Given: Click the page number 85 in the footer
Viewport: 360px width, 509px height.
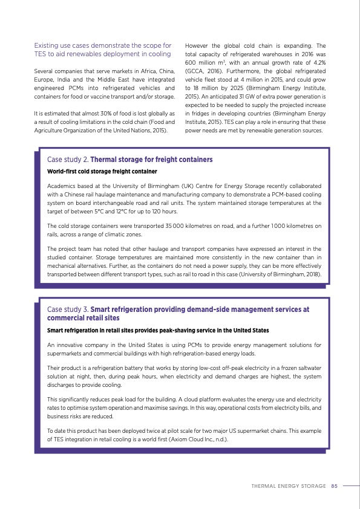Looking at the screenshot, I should (334, 485).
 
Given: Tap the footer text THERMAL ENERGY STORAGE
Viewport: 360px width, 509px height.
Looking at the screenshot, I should (290, 485).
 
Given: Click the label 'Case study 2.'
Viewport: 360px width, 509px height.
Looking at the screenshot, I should (67, 160).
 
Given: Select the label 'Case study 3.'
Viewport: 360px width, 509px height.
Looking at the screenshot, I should (67, 310).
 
